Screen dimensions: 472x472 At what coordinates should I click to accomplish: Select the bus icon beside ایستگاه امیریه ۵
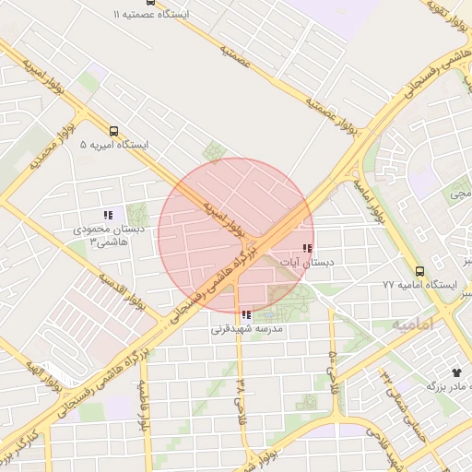click(x=113, y=130)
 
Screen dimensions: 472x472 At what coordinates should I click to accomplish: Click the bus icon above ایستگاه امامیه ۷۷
click(x=419, y=271)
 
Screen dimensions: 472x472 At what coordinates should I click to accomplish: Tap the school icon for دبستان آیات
click(x=306, y=248)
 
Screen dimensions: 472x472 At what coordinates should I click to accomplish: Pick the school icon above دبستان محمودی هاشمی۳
click(x=107, y=215)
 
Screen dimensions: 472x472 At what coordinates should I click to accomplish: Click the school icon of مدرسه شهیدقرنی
click(x=245, y=314)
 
